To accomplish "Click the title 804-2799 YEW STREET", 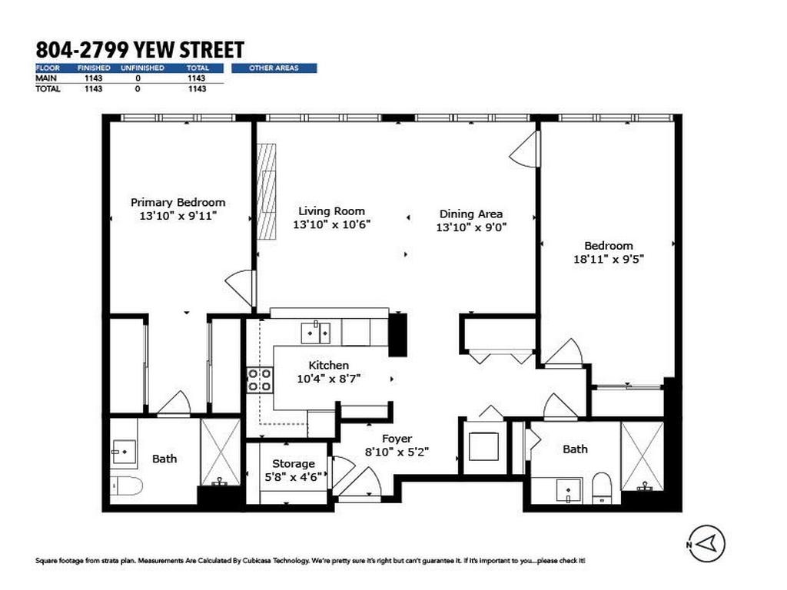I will tap(140, 50).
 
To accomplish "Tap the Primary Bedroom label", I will tap(178, 203).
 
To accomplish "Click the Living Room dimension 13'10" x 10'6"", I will tap(332, 225).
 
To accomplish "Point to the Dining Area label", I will tap(471, 214).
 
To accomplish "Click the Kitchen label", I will tap(329, 366).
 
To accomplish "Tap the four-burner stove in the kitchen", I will tap(260, 380).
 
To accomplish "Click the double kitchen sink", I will tap(315, 333).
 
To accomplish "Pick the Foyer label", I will tap(397, 439).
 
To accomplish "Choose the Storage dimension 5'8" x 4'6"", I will tap(294, 476).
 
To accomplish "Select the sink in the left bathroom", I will tap(121, 452).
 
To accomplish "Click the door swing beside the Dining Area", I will tap(526, 149).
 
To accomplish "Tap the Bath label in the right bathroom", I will tap(575, 449).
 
